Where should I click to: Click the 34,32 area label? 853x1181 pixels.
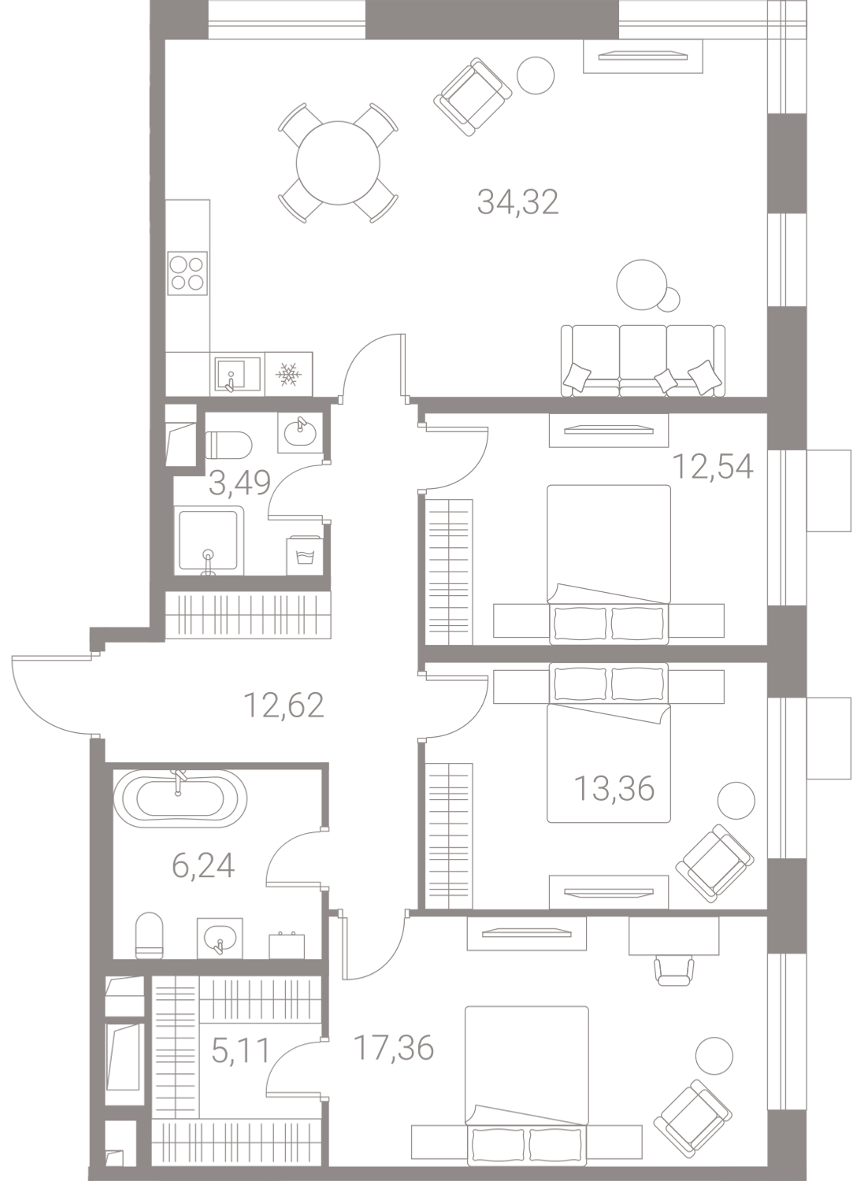(517, 202)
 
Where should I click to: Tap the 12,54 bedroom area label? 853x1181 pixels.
(714, 466)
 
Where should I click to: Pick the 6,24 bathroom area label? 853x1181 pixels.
(203, 866)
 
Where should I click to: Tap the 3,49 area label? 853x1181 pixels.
(240, 483)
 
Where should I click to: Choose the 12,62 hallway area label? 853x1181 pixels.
(284, 705)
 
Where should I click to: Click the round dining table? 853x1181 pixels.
(338, 163)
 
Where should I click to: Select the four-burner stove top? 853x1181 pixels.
(187, 273)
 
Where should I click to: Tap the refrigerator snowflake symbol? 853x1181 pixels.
(288, 373)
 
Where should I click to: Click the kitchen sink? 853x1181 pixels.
(237, 375)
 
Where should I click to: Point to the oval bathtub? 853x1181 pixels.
(180, 799)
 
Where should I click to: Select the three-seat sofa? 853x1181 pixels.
(643, 361)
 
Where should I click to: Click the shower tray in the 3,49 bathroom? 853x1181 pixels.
(210, 541)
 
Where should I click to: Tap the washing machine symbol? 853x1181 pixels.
(304, 556)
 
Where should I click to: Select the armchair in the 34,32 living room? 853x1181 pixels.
(473, 98)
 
